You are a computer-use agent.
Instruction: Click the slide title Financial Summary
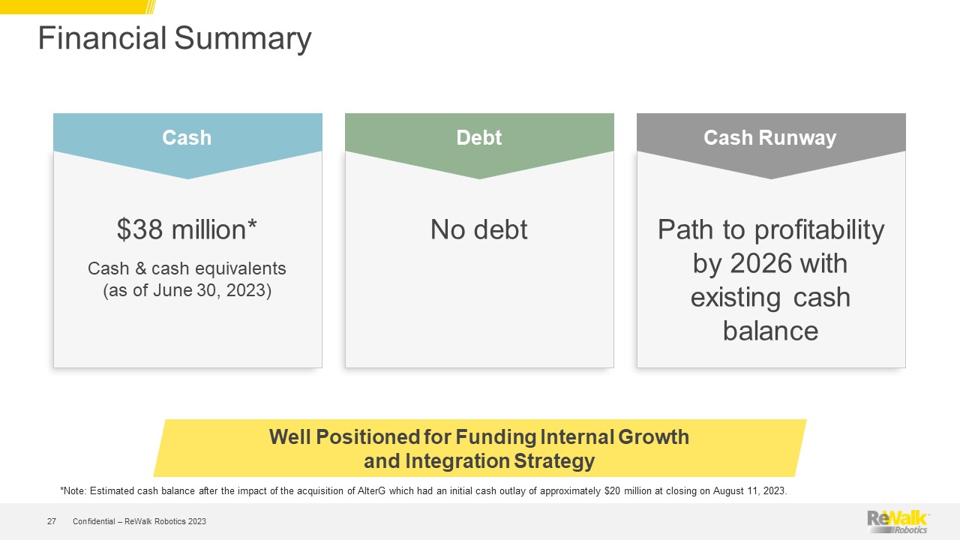(x=175, y=38)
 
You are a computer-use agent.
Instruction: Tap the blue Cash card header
(x=187, y=142)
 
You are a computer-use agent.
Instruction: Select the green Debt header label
(x=479, y=137)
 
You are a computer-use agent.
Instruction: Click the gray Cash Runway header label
(x=770, y=138)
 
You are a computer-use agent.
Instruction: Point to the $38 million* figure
(x=187, y=229)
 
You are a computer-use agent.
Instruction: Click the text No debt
(x=479, y=229)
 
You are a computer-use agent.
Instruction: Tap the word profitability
(x=820, y=230)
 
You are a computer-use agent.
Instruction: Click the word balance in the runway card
(x=770, y=331)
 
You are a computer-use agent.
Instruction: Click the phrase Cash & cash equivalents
(x=187, y=268)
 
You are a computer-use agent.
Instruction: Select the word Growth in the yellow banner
(x=653, y=437)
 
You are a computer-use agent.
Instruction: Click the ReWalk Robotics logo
(x=898, y=521)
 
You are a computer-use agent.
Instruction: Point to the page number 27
(x=52, y=521)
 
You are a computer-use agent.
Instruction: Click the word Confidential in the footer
(x=94, y=521)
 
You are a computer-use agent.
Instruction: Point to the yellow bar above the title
(x=77, y=7)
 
